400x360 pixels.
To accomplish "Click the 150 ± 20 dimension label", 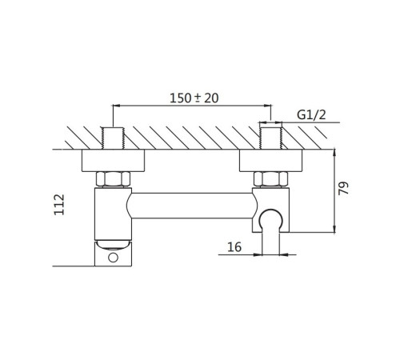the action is (194, 98).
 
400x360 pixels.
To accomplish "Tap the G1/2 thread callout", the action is (311, 115).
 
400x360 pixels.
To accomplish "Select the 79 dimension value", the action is (343, 188).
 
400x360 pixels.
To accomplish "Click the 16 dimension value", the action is (234, 247).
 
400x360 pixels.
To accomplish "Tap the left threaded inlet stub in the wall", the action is (113, 138).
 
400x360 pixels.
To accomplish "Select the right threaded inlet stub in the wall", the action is (271, 138).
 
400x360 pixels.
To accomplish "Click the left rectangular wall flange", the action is (113, 160).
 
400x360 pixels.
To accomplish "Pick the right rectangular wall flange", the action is (271, 160).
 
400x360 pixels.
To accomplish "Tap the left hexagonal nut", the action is (113, 179).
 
